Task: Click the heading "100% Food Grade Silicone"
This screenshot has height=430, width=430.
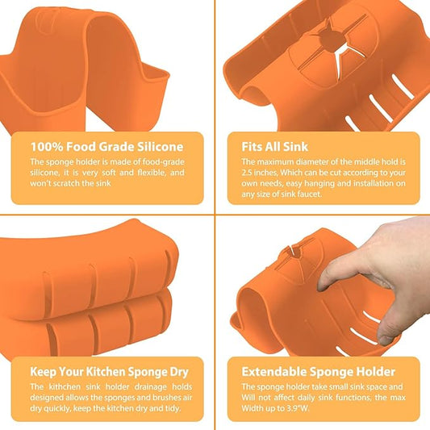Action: click(x=106, y=147)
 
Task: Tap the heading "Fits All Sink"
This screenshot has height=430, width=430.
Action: click(x=275, y=147)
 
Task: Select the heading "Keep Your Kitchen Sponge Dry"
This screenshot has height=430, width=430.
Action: click(x=109, y=372)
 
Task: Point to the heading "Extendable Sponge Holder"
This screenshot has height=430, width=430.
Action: click(x=318, y=372)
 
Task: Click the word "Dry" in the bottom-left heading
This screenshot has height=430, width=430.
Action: click(x=179, y=372)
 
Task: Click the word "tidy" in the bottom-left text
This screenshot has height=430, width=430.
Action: click(x=173, y=408)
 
